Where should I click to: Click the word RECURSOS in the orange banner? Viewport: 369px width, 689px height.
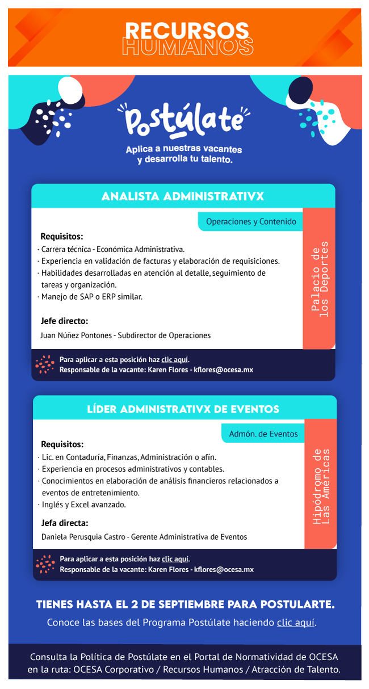coord(187,30)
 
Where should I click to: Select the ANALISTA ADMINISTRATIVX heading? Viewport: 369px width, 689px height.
coord(183,196)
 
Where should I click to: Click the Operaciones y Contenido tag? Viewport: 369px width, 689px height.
coord(251,221)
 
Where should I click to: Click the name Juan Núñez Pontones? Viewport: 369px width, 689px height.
coord(77,335)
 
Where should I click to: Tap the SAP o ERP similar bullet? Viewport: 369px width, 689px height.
coord(91,297)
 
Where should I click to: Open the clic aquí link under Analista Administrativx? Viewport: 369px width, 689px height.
coord(175,359)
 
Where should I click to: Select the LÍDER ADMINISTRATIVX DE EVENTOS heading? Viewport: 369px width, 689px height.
coord(183,409)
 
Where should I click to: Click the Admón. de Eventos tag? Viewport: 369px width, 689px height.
coord(263,434)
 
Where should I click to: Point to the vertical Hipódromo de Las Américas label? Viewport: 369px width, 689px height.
coord(321,486)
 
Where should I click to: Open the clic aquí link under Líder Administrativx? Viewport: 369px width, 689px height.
coord(175,559)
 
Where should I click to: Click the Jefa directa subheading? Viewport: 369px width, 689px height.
coord(65,523)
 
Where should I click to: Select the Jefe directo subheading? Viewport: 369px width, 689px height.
coord(64,321)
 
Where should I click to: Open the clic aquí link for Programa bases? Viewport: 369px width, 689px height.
coord(295,623)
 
